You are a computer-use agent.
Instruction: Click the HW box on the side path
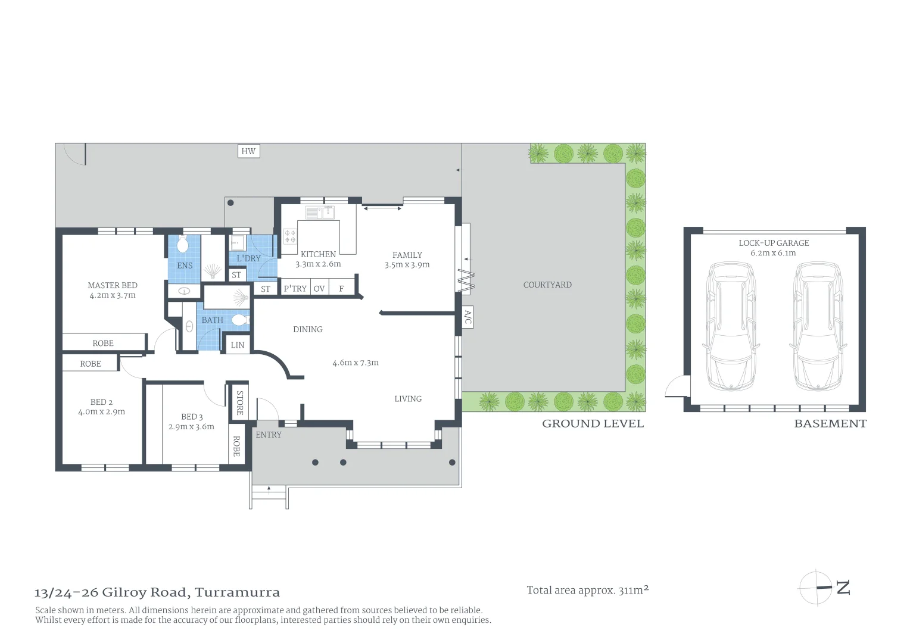point(248,151)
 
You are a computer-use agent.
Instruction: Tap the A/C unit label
point(468,317)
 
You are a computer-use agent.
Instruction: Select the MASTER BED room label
point(113,285)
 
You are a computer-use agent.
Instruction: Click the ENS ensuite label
point(185,266)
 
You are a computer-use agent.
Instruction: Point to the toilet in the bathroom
point(240,320)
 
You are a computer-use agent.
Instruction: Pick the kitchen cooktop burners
point(290,236)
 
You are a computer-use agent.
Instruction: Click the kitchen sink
point(320,213)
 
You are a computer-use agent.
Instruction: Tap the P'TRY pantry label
point(295,288)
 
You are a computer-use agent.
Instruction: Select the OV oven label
point(319,288)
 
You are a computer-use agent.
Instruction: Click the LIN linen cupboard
point(238,345)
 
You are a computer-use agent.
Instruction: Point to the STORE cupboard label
point(239,402)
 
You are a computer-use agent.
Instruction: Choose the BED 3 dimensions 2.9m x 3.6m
point(191,426)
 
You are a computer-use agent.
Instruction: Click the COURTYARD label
point(547,285)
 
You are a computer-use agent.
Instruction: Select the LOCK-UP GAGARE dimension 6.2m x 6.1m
point(773,252)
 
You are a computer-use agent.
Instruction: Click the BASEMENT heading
point(830,424)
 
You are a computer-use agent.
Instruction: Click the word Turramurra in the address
point(237,592)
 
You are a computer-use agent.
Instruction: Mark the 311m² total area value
point(633,590)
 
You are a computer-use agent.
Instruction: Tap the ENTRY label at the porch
point(269,435)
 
